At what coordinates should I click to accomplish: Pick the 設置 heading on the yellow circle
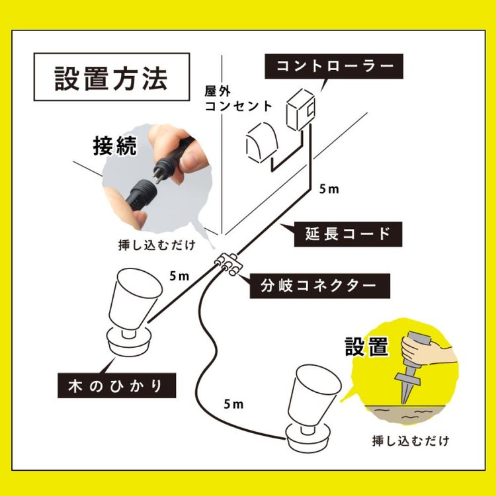pyautogui.click(x=366, y=345)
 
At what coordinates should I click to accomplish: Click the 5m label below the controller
pyautogui.click(x=329, y=190)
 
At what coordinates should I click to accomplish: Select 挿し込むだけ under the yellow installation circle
pyautogui.click(x=410, y=440)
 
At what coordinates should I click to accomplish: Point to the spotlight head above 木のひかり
pyautogui.click(x=135, y=301)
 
